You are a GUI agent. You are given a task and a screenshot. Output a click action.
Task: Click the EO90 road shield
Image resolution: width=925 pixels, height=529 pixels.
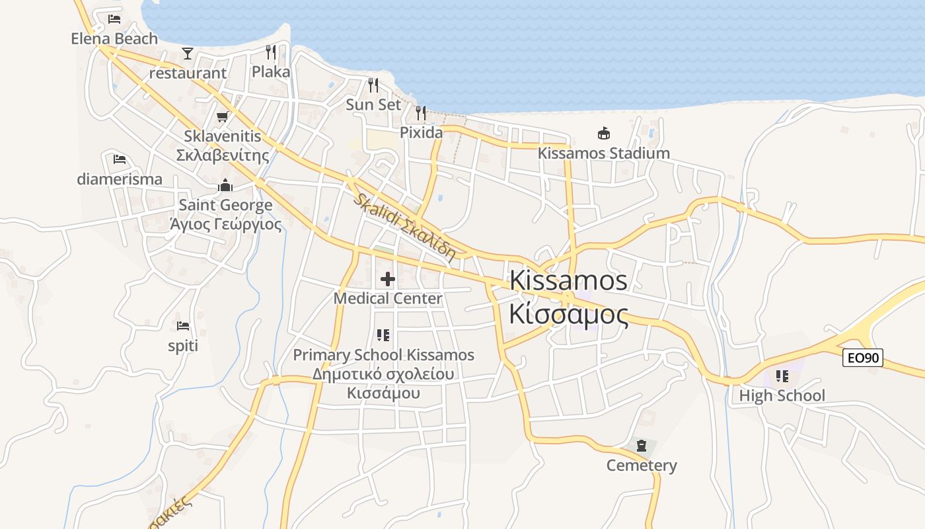[x=863, y=358]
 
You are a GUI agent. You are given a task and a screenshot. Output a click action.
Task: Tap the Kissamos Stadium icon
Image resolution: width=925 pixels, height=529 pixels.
[x=603, y=134]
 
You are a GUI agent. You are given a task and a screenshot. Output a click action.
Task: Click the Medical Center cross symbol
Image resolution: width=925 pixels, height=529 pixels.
[x=388, y=279]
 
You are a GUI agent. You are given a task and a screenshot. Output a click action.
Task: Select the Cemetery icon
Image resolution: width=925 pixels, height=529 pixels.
[x=641, y=446]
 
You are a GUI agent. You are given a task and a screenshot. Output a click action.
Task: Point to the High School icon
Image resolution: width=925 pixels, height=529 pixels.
[x=782, y=376]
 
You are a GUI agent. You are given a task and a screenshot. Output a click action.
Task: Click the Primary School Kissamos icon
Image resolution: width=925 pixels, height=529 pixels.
[x=383, y=335]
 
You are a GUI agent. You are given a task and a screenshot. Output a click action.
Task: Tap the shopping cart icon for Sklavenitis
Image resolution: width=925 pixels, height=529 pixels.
[x=222, y=117]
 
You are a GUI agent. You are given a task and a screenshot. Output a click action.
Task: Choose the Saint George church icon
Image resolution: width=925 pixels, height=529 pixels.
[x=225, y=185]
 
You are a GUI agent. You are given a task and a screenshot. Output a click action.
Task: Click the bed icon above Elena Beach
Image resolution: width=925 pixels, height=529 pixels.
[x=114, y=19]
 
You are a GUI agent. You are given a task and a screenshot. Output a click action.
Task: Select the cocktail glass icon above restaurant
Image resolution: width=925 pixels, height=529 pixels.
[x=188, y=54]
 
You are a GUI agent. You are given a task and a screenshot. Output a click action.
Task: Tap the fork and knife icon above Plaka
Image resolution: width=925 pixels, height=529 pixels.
[x=271, y=52]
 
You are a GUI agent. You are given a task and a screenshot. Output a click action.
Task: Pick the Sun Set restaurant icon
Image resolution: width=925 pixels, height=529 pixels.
[x=373, y=85]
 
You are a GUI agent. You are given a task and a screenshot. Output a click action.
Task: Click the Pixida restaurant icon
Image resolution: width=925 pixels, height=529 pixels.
[x=421, y=112]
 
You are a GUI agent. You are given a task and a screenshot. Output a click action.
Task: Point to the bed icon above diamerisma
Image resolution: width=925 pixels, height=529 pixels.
[x=120, y=159]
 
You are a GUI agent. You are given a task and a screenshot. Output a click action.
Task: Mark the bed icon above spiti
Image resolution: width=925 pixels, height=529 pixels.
[x=183, y=326]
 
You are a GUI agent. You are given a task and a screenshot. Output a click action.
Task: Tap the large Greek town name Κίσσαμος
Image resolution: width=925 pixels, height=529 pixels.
[x=568, y=315]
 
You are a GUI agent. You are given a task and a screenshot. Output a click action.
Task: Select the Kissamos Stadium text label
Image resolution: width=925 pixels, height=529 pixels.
[x=603, y=153]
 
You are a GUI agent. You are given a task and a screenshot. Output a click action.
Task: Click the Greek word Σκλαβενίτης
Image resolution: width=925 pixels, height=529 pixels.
[x=222, y=155]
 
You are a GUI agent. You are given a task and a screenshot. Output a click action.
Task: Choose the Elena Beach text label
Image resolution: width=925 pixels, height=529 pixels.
[x=114, y=39]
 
